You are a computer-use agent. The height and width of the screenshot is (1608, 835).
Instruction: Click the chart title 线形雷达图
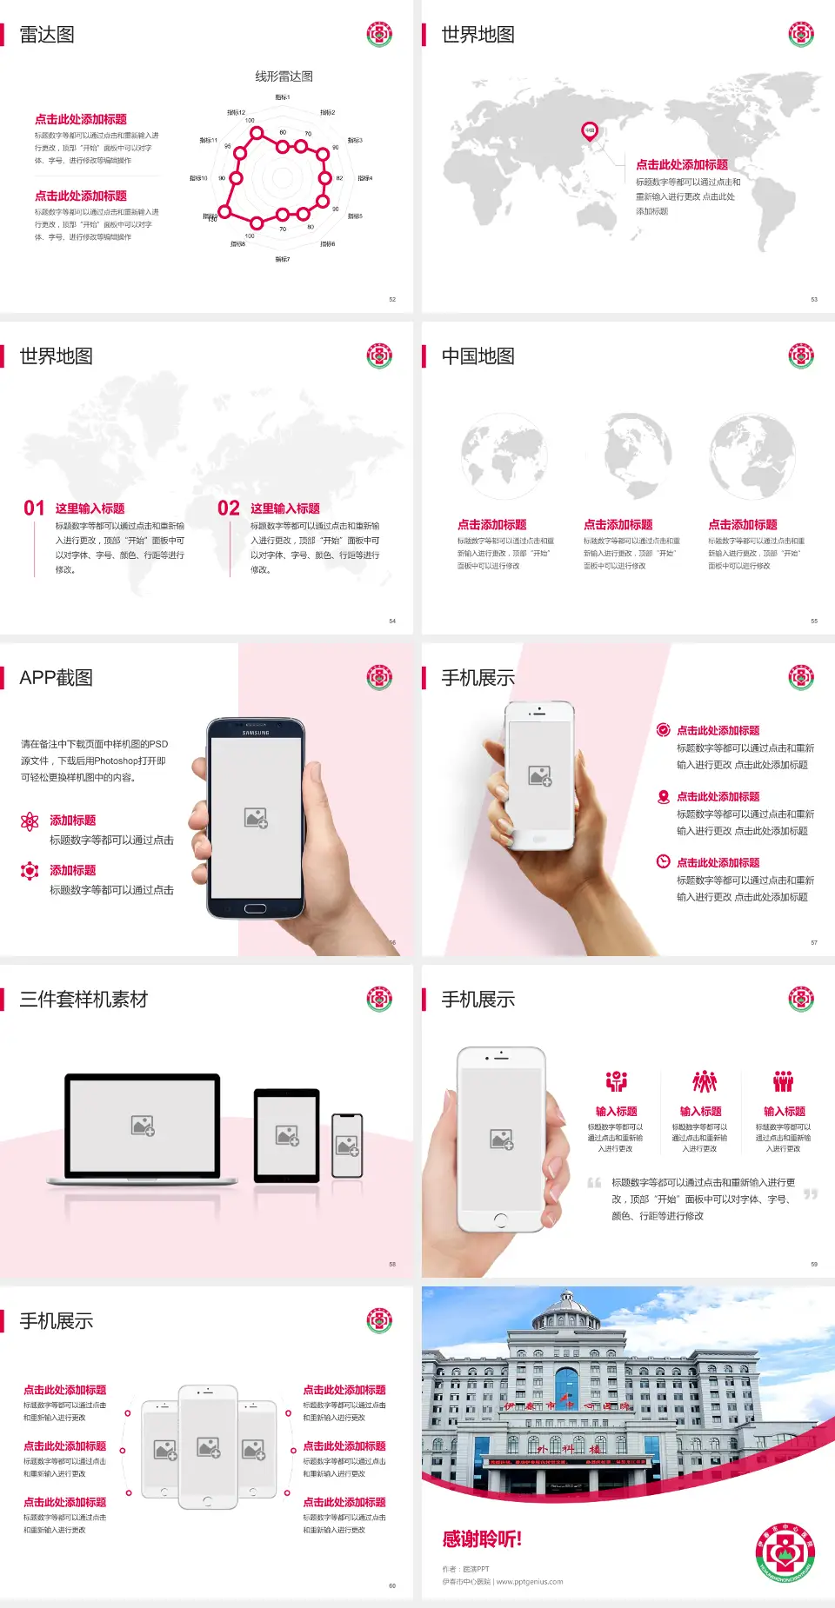[284, 76]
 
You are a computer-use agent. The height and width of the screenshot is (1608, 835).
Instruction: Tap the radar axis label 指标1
[283, 97]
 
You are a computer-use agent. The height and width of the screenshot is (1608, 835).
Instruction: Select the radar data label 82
[339, 178]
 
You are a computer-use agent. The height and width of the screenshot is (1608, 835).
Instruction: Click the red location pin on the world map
[590, 131]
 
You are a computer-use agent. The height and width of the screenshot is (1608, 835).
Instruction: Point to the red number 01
[34, 508]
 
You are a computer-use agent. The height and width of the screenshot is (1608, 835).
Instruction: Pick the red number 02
[229, 508]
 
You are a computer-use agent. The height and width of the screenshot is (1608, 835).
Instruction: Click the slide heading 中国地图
[478, 356]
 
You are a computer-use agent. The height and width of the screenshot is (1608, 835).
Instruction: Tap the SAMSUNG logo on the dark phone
[256, 733]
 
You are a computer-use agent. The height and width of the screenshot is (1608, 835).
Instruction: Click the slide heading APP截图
[57, 678]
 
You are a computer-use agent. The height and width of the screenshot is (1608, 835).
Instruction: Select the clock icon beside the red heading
[663, 861]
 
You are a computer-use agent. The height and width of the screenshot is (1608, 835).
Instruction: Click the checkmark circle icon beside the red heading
[663, 730]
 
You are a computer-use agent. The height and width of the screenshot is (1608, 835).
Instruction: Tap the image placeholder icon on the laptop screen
[143, 1126]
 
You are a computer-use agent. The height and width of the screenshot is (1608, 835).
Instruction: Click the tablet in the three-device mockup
[287, 1134]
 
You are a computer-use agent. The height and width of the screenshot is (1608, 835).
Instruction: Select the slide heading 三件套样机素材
[83, 1000]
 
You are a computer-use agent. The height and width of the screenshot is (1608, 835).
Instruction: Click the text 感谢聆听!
[482, 1539]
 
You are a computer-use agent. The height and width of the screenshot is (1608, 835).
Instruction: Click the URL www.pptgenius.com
[530, 1582]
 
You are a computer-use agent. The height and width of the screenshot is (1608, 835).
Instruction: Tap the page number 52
[392, 299]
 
